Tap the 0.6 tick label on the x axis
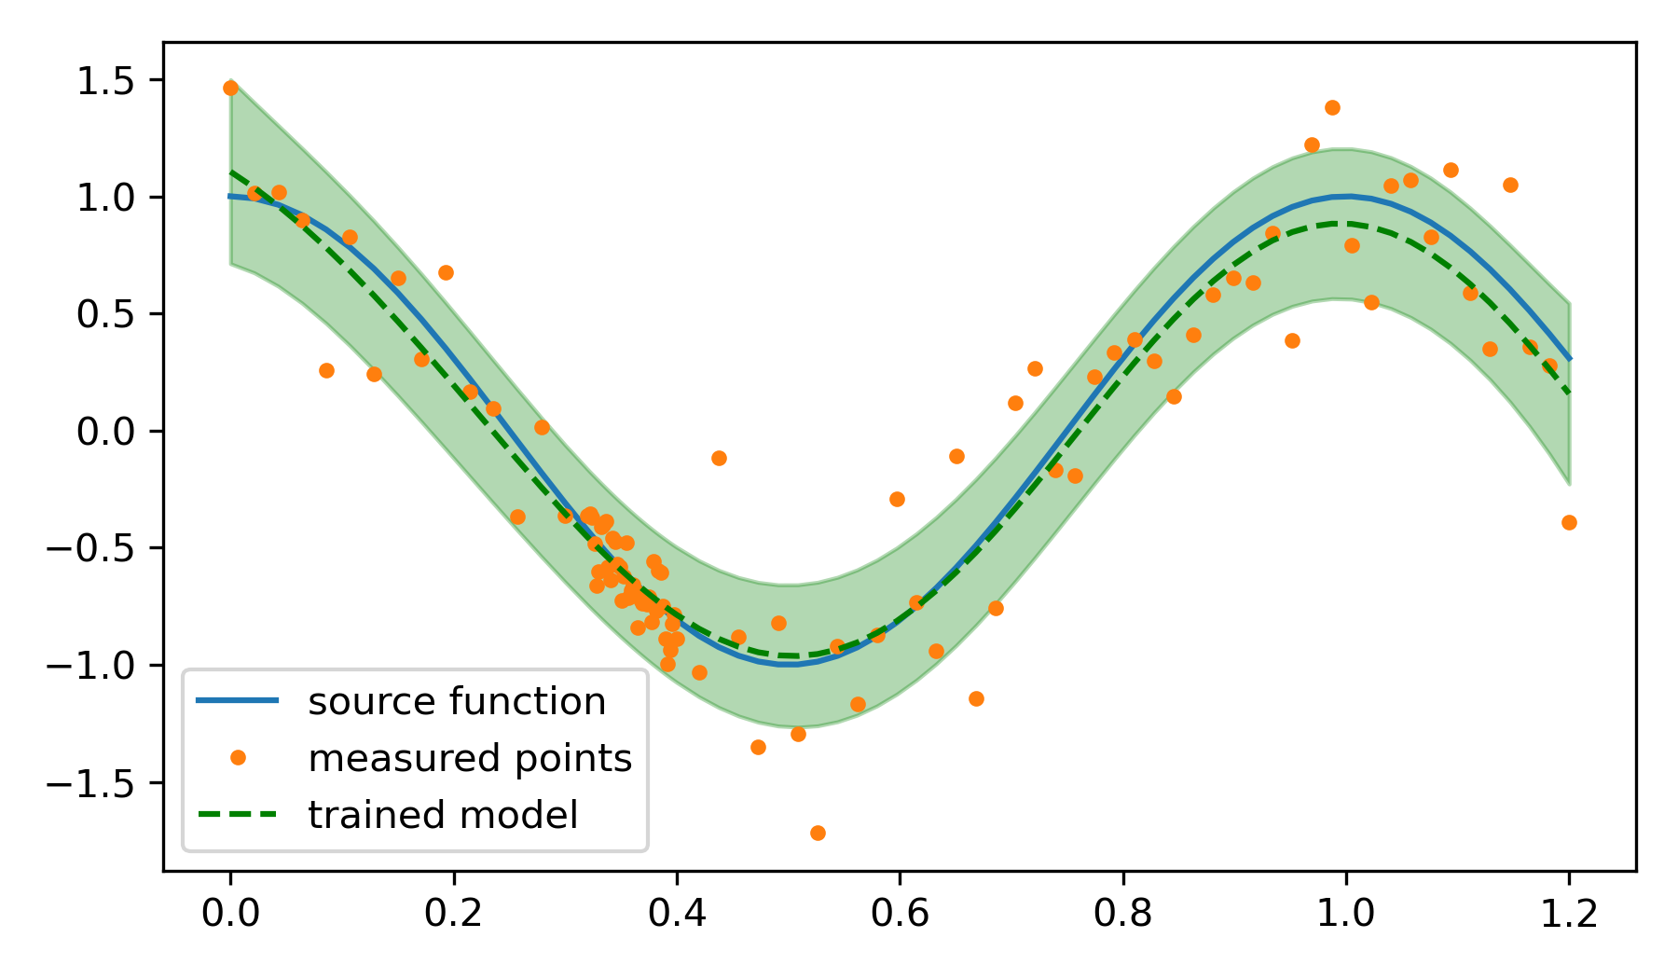(900, 914)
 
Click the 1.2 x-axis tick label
(1569, 914)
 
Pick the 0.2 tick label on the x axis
(453, 914)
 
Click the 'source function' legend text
(457, 702)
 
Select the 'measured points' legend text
(470, 759)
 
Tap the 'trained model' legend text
(443, 816)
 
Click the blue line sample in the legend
(238, 701)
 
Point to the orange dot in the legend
(238, 758)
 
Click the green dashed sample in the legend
(238, 815)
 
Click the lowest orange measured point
(818, 833)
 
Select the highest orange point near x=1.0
(1332, 107)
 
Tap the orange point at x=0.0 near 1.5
(230, 88)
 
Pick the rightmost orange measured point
(1569, 522)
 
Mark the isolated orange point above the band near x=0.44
(719, 458)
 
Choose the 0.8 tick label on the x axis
(1122, 914)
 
